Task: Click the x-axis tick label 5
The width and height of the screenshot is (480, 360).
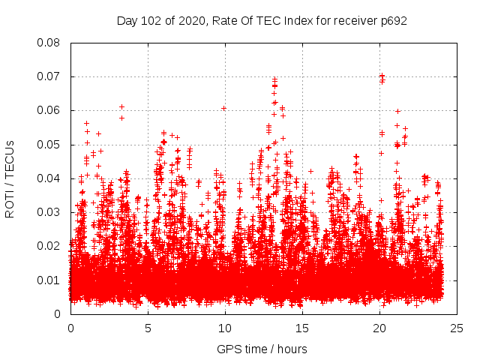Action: click(148, 328)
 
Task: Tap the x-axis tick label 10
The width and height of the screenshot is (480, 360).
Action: click(225, 328)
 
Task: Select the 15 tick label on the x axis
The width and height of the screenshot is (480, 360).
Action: click(302, 328)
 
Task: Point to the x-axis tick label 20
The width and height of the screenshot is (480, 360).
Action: click(380, 328)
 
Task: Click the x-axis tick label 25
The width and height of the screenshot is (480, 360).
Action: click(457, 328)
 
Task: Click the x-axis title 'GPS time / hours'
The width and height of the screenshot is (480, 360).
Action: click(262, 349)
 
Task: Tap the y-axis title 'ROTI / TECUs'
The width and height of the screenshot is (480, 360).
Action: click(10, 178)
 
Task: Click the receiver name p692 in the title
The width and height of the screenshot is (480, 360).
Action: click(393, 20)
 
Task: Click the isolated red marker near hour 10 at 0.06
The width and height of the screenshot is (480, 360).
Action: click(223, 108)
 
